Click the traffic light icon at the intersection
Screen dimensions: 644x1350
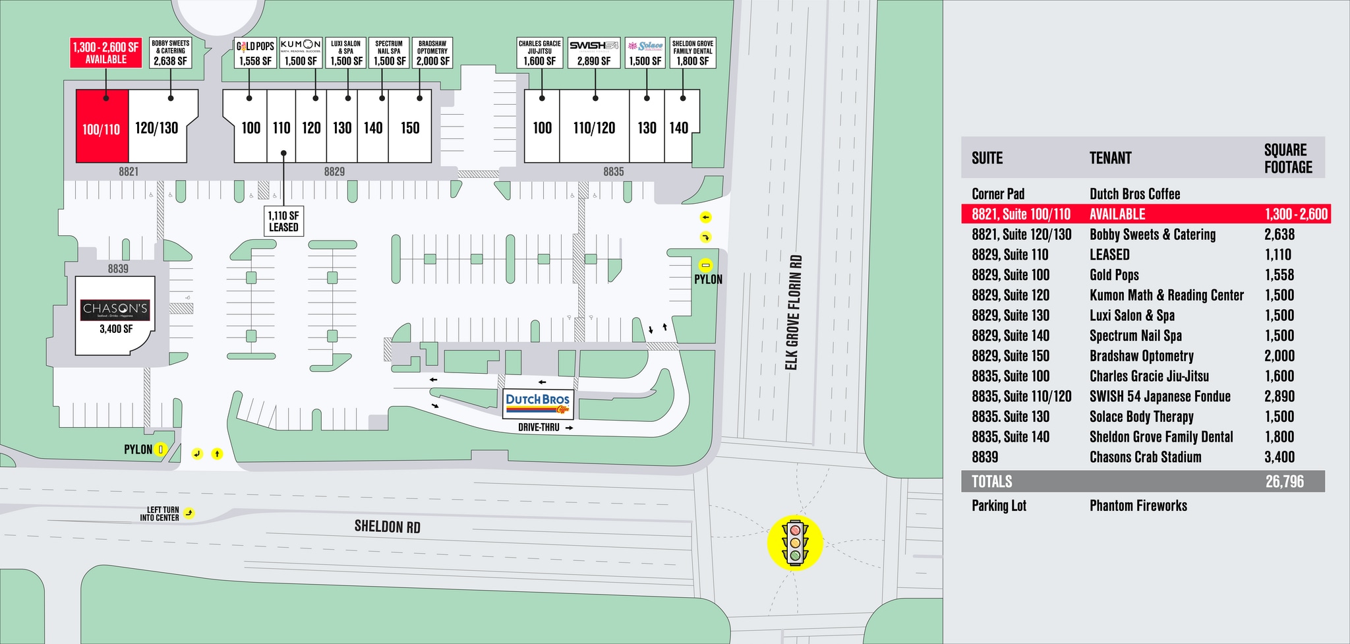click(795, 542)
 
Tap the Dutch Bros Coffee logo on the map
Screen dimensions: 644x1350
click(538, 403)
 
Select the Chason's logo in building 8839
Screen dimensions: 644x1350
click(115, 310)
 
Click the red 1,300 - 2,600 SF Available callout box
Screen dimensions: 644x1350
click(106, 53)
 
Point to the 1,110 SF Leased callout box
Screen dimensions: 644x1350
click(283, 221)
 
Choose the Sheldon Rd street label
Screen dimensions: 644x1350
click(387, 526)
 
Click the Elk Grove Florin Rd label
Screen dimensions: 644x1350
click(794, 312)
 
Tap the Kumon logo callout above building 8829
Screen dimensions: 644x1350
click(301, 53)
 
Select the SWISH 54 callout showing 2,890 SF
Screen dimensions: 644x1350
click(594, 53)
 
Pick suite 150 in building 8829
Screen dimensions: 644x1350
click(410, 128)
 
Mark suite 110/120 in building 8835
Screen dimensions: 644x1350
click(594, 128)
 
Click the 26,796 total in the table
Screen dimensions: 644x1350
click(1284, 481)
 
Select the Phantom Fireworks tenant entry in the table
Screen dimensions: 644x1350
click(1138, 506)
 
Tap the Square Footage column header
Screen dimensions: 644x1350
click(1288, 158)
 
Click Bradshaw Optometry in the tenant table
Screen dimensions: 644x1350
click(1141, 356)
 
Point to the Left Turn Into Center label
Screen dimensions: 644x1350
click(163, 513)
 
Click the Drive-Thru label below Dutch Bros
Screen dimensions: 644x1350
click(539, 427)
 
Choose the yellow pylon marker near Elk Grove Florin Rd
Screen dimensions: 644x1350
click(706, 266)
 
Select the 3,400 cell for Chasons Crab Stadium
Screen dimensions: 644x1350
click(1279, 457)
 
